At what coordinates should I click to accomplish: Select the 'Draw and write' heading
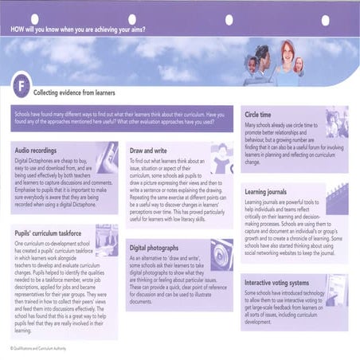[151, 150]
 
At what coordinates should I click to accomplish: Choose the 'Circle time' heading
[264, 115]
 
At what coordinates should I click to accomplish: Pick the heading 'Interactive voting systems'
[284, 282]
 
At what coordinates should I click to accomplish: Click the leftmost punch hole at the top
[34, 18]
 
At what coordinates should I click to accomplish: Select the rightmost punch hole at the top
[325, 19]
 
